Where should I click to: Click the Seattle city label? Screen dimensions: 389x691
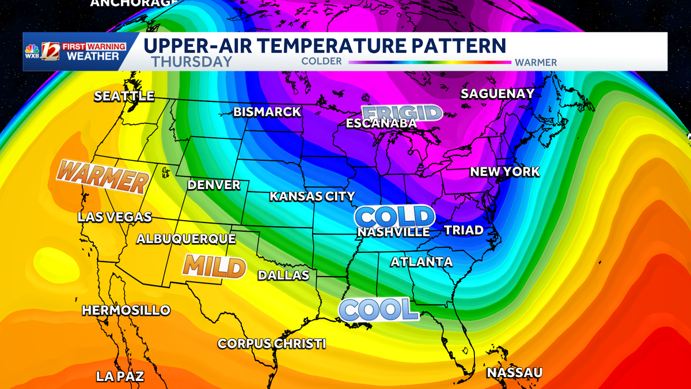(124, 96)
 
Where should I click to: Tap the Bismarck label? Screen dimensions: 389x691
(267, 112)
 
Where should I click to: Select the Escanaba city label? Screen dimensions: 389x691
(381, 123)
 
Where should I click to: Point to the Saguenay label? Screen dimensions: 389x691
(498, 93)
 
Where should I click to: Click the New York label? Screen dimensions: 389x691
(505, 172)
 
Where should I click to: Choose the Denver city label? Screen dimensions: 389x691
(214, 185)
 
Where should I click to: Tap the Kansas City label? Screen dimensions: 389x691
(312, 197)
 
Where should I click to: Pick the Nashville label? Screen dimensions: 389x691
(393, 232)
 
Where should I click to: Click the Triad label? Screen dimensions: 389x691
(464, 231)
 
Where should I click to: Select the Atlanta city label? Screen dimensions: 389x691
(422, 262)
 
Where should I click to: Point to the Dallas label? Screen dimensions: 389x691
(283, 275)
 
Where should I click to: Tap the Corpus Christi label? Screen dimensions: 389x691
(272, 343)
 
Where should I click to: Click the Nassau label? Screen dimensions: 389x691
(514, 373)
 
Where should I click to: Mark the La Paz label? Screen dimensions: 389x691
(120, 377)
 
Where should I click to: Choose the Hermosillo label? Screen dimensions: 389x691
(126, 310)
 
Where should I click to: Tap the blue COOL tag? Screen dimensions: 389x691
(378, 309)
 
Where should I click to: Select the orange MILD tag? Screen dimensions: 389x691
(214, 266)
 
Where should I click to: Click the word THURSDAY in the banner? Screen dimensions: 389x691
(192, 62)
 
